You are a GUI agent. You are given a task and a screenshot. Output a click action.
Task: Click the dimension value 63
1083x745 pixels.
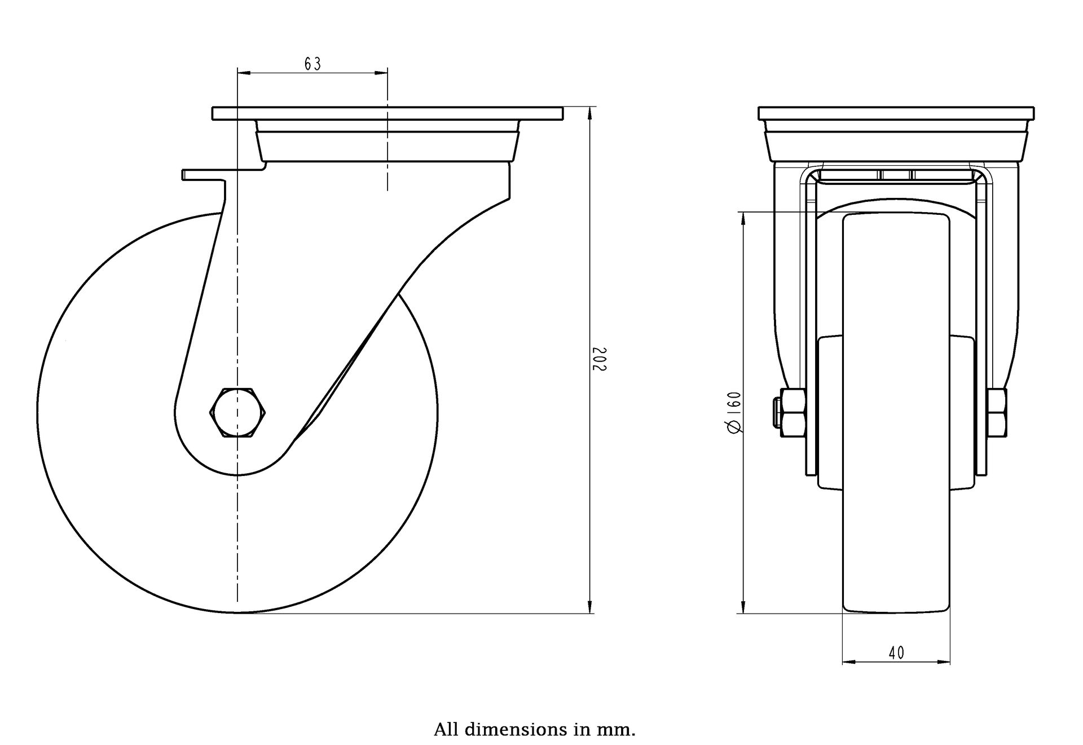point(312,64)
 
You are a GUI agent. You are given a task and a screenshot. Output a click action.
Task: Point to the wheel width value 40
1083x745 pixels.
point(896,653)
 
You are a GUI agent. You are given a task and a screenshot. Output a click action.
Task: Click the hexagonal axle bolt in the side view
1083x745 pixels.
point(237,412)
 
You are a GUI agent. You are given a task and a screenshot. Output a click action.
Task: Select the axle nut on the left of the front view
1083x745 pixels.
point(792,412)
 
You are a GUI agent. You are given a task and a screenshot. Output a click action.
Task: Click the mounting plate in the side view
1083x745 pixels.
point(388,113)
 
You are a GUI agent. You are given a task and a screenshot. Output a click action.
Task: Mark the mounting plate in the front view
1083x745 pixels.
point(896,113)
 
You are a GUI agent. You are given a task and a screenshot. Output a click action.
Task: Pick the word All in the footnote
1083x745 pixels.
point(446,730)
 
